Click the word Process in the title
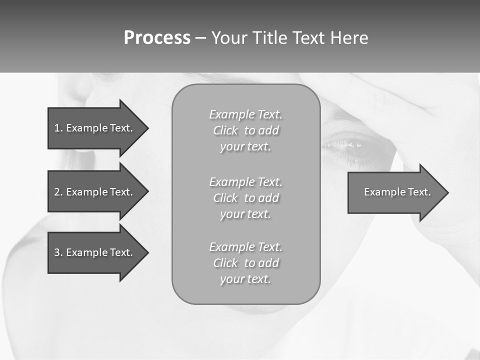(157, 38)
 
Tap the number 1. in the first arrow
(58, 128)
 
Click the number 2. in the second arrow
(58, 192)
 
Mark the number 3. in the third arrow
(58, 252)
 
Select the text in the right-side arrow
(397, 192)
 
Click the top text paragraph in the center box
(245, 130)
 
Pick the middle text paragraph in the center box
(245, 198)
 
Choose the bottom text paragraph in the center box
(245, 263)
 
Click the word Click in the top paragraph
(225, 131)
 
